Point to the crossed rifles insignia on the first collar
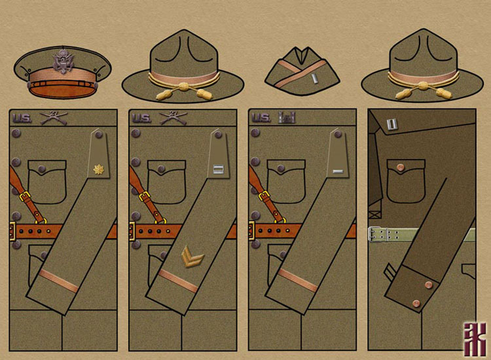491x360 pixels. [x=50, y=118]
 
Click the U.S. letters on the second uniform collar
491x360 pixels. [x=141, y=118]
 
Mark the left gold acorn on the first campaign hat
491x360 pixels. [x=158, y=95]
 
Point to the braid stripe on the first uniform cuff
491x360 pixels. [x=59, y=279]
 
